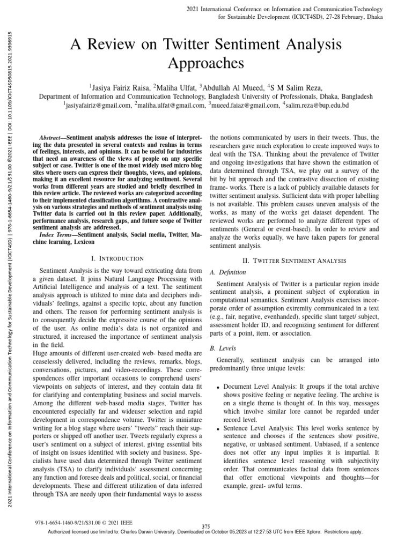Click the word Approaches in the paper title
coord(206,63)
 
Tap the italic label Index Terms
coord(57,235)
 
